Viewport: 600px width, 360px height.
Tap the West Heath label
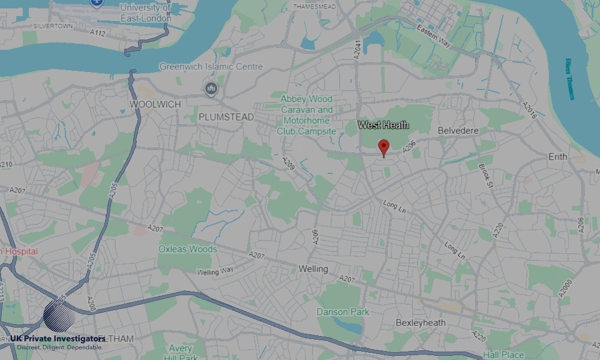point(383,125)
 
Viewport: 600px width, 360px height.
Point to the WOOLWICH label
point(155,104)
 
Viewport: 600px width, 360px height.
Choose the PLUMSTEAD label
point(226,116)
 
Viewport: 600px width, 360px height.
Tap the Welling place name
point(313,269)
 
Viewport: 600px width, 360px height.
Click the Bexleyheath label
point(421,323)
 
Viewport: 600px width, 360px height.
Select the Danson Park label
point(343,312)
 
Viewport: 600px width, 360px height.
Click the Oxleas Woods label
point(188,249)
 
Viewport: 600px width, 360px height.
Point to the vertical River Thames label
point(569,78)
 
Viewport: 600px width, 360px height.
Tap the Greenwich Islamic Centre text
point(211,67)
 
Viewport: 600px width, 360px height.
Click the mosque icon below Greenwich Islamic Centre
point(211,90)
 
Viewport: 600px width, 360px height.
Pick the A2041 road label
point(358,49)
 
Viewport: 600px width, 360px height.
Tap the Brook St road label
point(485,174)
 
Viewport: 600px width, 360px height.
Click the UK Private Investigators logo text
point(58,339)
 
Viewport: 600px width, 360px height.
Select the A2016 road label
point(529,110)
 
